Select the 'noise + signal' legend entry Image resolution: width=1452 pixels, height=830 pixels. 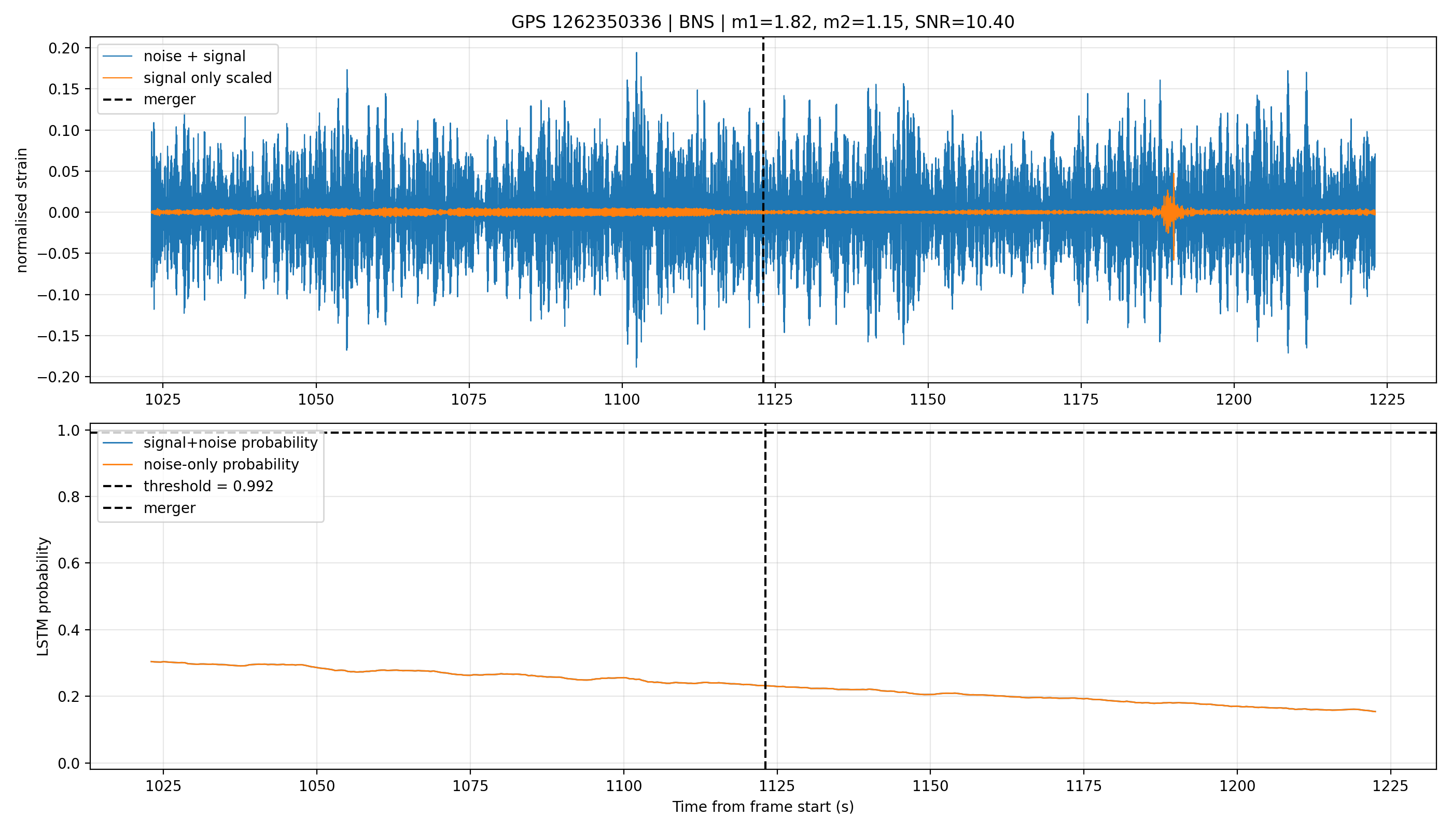coord(194,57)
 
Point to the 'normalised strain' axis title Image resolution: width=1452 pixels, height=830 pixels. coord(22,210)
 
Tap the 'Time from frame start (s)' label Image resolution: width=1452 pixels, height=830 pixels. coord(763,807)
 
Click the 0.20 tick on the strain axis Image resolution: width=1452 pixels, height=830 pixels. coord(64,48)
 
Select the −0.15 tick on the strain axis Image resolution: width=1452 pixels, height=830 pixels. coord(59,336)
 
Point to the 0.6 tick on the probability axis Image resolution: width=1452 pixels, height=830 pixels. coord(69,563)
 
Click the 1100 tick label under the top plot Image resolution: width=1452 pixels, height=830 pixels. coord(622,399)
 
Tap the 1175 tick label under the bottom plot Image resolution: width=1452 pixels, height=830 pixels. coord(1084,786)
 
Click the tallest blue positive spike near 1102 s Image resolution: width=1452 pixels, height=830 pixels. coord(636,53)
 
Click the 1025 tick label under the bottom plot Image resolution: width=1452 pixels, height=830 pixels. coord(163,786)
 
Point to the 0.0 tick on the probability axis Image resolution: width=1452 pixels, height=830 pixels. coord(69,763)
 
